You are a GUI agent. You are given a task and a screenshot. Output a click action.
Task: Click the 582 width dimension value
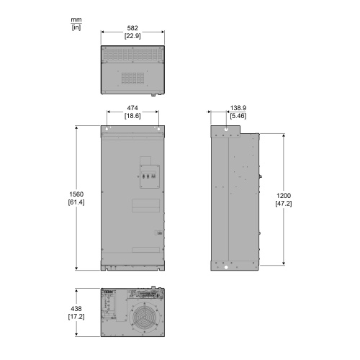click(132, 28)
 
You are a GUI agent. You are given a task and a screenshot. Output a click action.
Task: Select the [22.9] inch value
click(132, 36)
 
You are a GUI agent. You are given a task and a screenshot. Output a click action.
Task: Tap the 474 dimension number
click(132, 108)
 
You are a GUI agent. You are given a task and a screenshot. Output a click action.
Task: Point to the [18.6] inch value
click(132, 116)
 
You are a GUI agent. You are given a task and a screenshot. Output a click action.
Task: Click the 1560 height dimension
click(76, 194)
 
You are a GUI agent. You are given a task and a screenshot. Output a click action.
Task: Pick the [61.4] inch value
click(76, 202)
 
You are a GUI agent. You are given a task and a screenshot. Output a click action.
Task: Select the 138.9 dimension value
click(238, 108)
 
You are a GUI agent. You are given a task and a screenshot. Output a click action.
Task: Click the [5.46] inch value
click(238, 116)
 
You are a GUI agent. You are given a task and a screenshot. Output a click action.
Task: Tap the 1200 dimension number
click(284, 196)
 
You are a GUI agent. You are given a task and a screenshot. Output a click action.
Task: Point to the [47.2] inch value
click(284, 204)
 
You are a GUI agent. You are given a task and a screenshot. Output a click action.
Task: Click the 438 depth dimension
click(76, 309)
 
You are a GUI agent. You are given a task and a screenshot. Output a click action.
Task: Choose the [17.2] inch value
click(76, 317)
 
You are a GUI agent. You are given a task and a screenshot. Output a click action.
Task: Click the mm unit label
click(76, 19)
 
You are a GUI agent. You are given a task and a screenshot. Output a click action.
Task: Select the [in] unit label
click(76, 27)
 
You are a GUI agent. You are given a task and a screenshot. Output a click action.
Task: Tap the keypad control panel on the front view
click(150, 176)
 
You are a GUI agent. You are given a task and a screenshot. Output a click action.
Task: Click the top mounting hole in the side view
click(226, 130)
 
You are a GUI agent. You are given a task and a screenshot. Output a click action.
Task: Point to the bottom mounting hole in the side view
click(226, 267)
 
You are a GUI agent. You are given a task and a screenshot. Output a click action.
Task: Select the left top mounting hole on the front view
click(107, 129)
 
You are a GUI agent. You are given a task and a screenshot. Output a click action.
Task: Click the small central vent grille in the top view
click(132, 78)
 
